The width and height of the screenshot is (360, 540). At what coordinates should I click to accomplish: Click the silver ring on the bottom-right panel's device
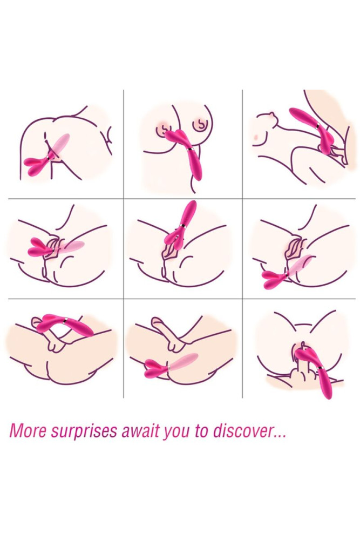pyautogui.click(x=319, y=368)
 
